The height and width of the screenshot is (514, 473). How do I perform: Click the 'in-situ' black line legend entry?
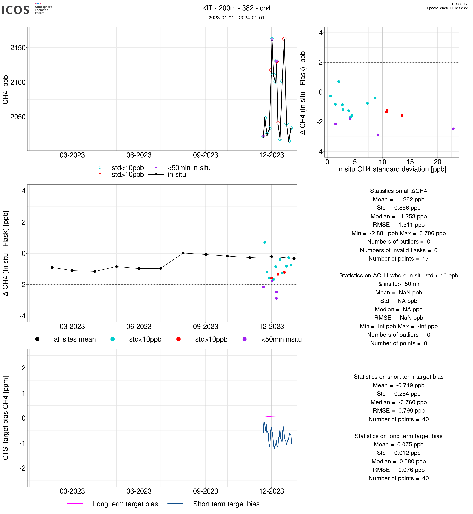(x=177, y=175)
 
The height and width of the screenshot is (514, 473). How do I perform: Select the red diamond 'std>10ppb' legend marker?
(x=100, y=174)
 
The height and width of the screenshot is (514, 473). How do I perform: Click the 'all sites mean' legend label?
(x=75, y=339)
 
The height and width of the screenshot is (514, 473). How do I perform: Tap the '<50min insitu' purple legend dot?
(x=245, y=339)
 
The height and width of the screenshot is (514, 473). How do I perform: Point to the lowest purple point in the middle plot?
(x=276, y=298)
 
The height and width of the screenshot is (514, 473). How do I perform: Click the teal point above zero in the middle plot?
(x=265, y=242)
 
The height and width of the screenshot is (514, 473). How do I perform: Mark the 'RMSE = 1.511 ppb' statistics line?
(x=399, y=225)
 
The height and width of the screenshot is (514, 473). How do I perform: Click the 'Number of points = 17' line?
(x=399, y=259)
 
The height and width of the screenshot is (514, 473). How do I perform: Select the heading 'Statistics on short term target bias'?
(x=399, y=377)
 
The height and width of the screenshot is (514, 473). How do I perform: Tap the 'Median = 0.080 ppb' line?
(x=399, y=461)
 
